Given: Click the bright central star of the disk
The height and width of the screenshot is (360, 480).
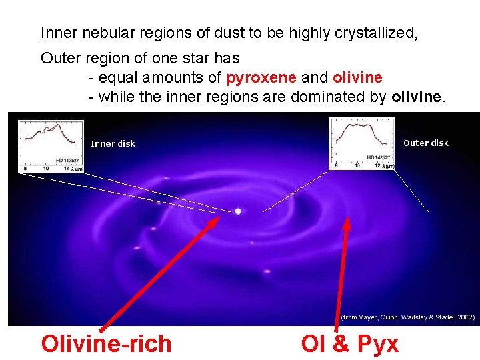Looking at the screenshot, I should pyautogui.click(x=238, y=211).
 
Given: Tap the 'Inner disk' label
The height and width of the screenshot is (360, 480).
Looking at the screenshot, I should pyautogui.click(x=113, y=143).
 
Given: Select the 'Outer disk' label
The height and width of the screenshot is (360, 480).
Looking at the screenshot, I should pyautogui.click(x=426, y=143).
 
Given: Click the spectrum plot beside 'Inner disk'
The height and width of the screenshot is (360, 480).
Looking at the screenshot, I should pyautogui.click(x=51, y=146).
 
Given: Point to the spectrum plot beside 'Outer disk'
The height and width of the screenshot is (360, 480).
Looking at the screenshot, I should pyautogui.click(x=362, y=143).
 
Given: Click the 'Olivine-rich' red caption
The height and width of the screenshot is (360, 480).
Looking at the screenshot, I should pyautogui.click(x=106, y=344).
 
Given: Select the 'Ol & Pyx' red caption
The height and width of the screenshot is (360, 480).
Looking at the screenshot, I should pyautogui.click(x=350, y=344).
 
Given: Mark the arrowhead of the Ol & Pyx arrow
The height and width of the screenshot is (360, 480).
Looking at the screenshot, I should pyautogui.click(x=347, y=220).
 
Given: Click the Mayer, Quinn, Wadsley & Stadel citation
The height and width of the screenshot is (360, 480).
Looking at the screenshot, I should pyautogui.click(x=408, y=317).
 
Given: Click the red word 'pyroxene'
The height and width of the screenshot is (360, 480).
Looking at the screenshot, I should pyautogui.click(x=262, y=77).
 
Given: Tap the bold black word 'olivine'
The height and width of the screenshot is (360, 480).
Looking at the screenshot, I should pyautogui.click(x=416, y=97).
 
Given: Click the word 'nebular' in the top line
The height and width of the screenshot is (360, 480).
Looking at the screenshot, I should pyautogui.click(x=98, y=33).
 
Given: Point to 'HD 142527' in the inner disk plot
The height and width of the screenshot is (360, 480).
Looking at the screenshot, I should pyautogui.click(x=68, y=160).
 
